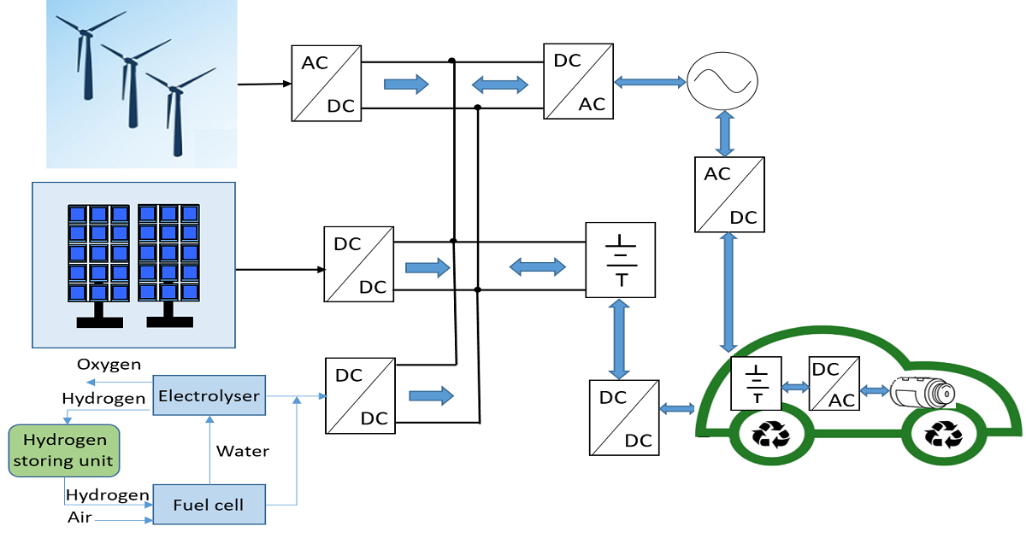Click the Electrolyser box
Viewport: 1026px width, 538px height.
208,395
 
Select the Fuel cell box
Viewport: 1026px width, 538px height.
208,505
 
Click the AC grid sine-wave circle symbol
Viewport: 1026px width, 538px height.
724,81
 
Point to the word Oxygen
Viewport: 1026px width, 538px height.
109,365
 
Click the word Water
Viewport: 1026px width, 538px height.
243,450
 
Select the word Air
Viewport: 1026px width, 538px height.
80,517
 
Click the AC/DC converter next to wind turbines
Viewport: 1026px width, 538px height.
326,83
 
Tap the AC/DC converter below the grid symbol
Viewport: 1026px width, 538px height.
729,195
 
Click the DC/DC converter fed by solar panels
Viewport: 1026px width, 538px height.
359,264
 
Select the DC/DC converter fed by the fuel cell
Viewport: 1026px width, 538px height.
360,395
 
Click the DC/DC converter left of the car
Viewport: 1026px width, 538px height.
624,418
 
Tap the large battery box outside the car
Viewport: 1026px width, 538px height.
620,260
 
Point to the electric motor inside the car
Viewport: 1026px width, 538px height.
922,393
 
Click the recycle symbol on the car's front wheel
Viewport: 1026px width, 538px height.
944,436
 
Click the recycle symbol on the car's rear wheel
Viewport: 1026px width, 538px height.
771,436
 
